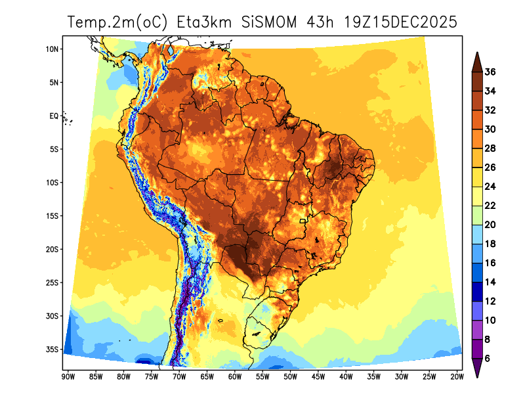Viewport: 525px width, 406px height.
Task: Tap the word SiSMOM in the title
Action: (268, 22)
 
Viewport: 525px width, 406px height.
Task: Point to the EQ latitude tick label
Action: (54, 116)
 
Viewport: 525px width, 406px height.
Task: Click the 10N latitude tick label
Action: (53, 49)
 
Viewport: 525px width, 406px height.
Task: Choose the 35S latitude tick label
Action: (53, 350)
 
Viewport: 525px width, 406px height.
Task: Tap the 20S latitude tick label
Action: (53, 250)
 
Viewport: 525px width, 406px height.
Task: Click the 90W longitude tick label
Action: (68, 376)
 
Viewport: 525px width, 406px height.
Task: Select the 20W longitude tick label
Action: (457, 376)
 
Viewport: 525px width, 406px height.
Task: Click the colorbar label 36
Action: (490, 72)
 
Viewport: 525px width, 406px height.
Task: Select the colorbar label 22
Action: (490, 206)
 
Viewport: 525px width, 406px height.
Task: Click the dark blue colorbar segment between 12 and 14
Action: (477, 291)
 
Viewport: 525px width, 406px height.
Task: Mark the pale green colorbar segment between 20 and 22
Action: (477, 215)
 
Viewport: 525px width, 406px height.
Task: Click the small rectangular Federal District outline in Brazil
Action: (303, 221)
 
